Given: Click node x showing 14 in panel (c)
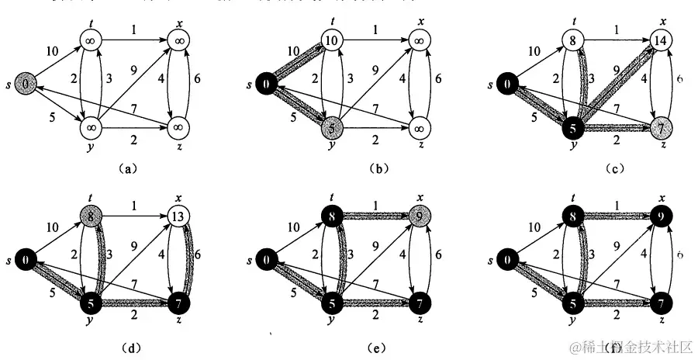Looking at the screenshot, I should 659,42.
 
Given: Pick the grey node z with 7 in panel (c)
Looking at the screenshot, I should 659,125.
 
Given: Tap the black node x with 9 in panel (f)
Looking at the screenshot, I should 659,219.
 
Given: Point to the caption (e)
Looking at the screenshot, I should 377,338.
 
